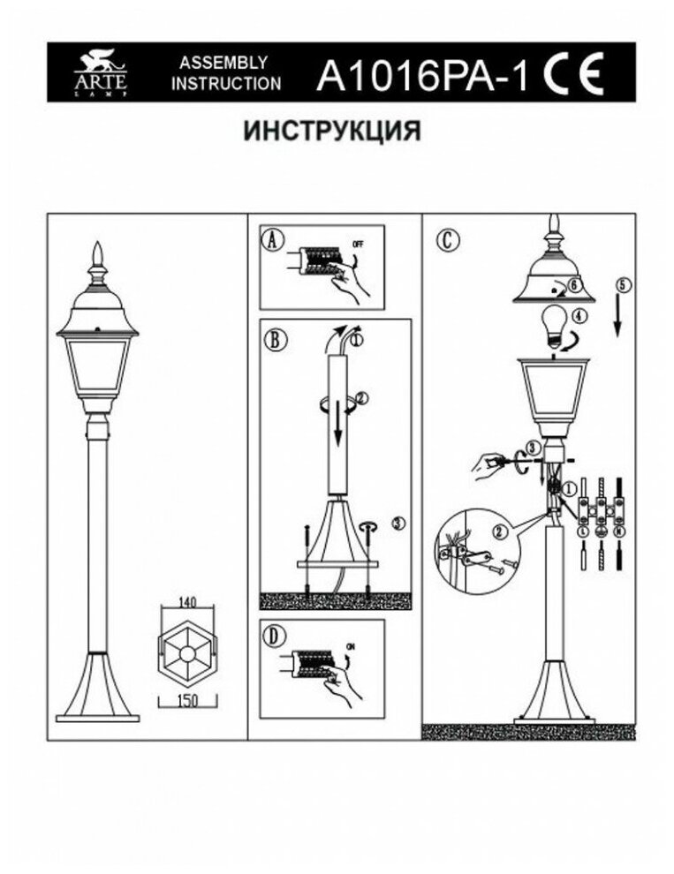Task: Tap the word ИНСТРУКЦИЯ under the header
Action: click(331, 132)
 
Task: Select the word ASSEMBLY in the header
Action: click(224, 63)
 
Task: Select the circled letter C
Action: click(450, 238)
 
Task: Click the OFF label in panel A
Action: click(358, 243)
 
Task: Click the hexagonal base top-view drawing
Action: click(184, 652)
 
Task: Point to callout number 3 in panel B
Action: click(397, 524)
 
